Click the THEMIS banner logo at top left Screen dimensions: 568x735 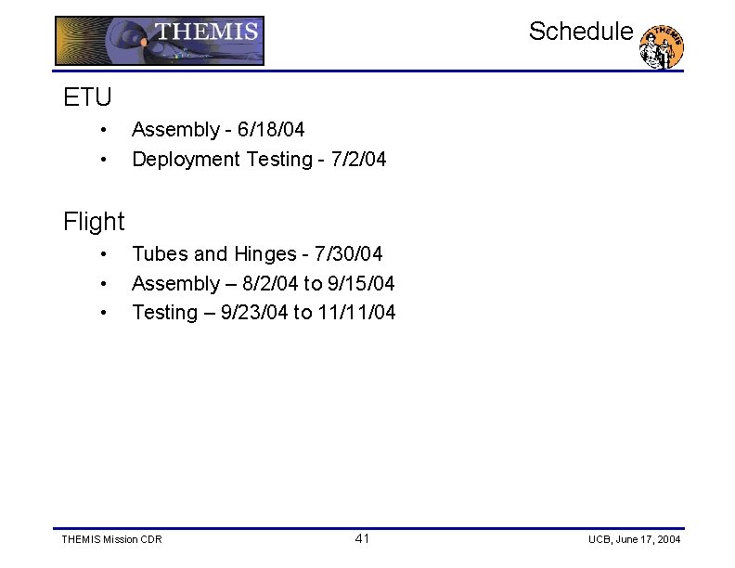tap(160, 41)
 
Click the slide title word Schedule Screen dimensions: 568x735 tap(581, 32)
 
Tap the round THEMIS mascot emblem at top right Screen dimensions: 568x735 tap(663, 47)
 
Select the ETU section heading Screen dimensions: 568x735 tap(87, 97)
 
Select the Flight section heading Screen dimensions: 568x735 tap(94, 222)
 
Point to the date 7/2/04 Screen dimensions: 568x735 tap(355, 160)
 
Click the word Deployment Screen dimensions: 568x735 tap(187, 160)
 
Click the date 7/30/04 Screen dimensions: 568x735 tap(349, 253)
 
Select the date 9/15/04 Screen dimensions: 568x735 tap(361, 283)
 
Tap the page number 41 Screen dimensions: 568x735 tap(362, 538)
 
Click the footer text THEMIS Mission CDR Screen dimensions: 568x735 tap(111, 539)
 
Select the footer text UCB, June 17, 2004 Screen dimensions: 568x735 tap(635, 539)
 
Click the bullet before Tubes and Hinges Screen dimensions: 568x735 tap(107, 253)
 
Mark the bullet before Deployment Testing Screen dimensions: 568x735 tap(107, 160)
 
